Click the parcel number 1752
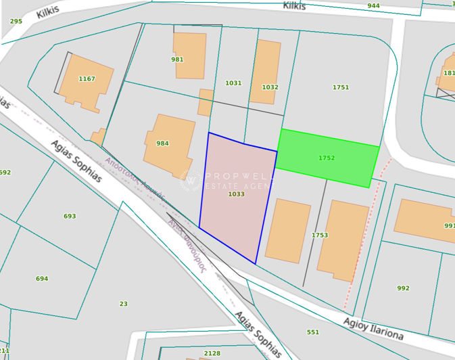point(327,158)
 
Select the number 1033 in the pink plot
point(236,194)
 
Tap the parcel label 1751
point(341,87)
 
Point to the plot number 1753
point(320,235)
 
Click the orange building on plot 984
point(169,145)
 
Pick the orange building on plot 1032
point(266,71)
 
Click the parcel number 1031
point(233,83)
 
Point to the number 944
point(373,5)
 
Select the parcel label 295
point(16,21)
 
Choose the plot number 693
point(70,216)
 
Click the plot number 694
point(42,278)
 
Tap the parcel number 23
point(123,304)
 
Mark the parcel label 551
point(313,332)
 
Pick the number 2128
point(212,353)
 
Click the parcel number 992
point(403,288)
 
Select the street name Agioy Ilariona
point(373,328)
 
